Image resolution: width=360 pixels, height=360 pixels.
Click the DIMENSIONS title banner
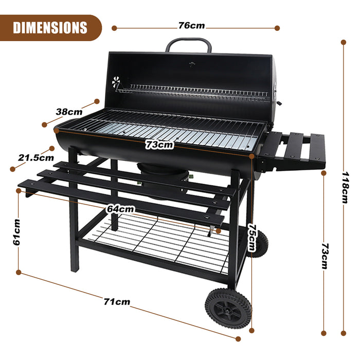pyautogui.click(x=50, y=27)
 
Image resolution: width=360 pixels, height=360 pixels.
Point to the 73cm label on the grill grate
pyautogui.click(x=159, y=145)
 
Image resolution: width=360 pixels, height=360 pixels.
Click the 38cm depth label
pyautogui.click(x=69, y=112)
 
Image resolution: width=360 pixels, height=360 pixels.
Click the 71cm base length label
pyautogui.click(x=117, y=302)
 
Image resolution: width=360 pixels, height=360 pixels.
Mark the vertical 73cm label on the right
pyautogui.click(x=323, y=256)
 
